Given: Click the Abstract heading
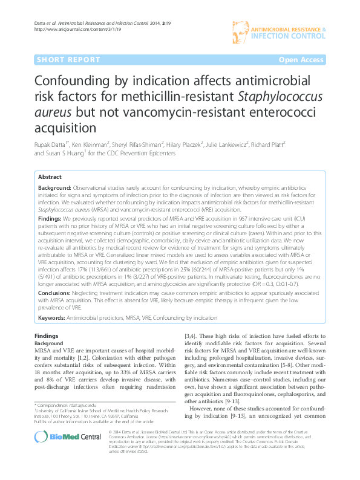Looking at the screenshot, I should point(50,177).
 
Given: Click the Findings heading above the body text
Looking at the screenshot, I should point(47,335).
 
